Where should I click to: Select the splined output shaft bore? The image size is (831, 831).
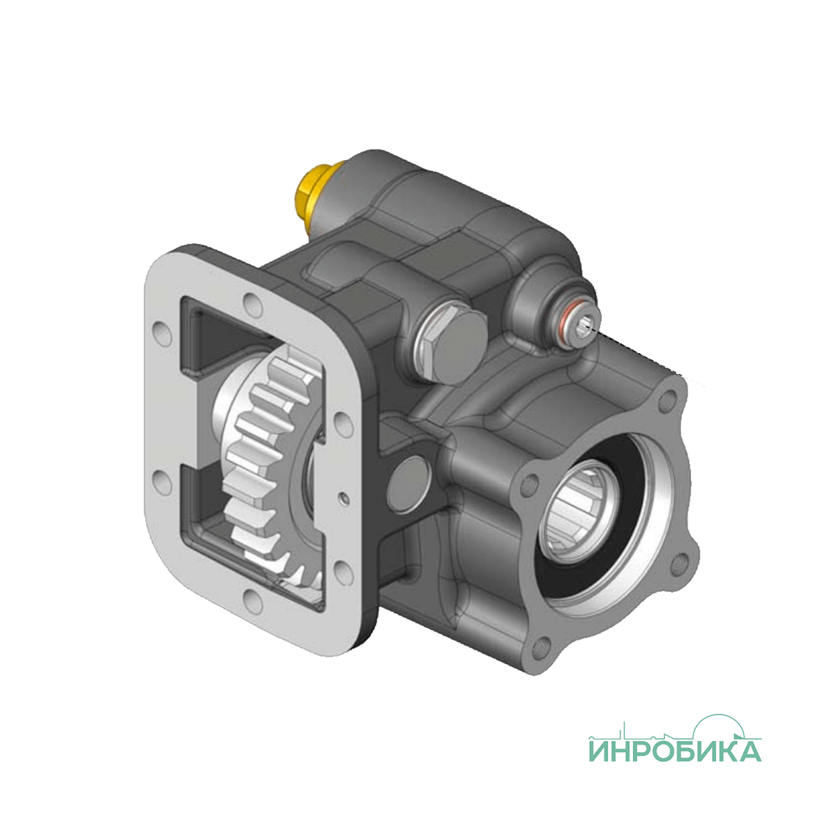(576, 511)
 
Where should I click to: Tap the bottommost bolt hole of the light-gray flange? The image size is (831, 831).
(253, 602)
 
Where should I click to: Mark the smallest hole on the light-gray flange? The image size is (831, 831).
(345, 499)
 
